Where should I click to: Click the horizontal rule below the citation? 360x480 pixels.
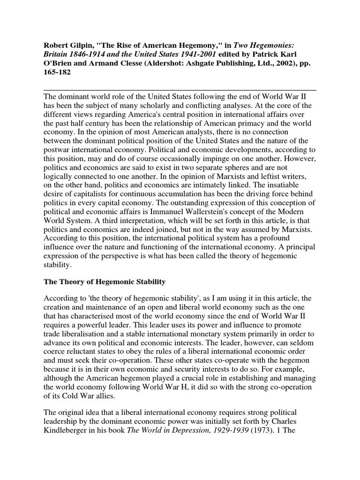(x=180, y=90)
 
